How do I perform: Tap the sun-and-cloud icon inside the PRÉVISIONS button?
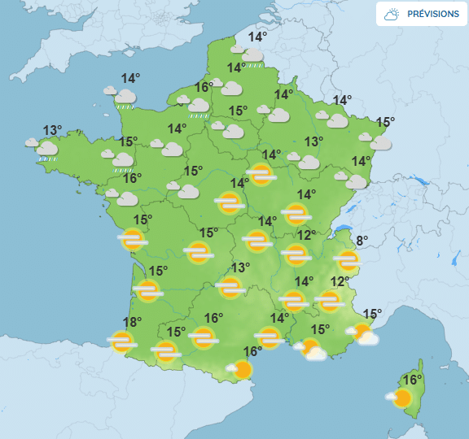point(392,15)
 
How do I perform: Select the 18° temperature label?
point(132,322)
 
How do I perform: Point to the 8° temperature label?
point(362,241)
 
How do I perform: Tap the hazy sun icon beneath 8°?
point(348,260)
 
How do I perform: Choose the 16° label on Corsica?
point(413,380)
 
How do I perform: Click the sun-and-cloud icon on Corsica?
point(400,398)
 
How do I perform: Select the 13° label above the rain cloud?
point(52,130)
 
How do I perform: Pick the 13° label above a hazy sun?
point(240,267)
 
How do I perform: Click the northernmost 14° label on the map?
point(257,37)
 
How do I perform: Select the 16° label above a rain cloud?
point(204,87)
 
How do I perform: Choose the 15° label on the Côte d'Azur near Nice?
point(372,314)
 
